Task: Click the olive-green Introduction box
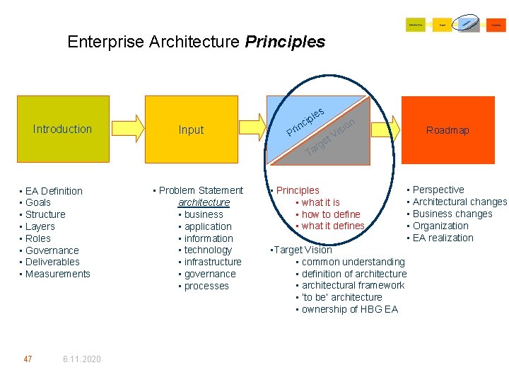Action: click(x=63, y=129)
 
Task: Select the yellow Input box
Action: click(x=191, y=129)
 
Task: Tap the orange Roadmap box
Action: click(x=447, y=130)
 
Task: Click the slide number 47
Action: click(x=28, y=359)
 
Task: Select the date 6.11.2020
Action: click(x=81, y=359)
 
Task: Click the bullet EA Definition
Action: click(x=54, y=191)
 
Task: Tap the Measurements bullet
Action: click(x=57, y=274)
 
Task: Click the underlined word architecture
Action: click(x=204, y=202)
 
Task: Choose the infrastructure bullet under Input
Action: click(x=213, y=262)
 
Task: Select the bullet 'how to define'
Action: click(x=331, y=214)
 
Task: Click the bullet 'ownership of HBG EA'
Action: click(x=349, y=309)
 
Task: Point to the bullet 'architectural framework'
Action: click(x=353, y=285)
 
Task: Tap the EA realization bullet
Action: click(x=443, y=238)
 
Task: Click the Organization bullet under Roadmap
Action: click(x=440, y=226)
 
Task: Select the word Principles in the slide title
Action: click(x=285, y=42)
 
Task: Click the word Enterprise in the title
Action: click(x=106, y=42)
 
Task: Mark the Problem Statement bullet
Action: click(x=201, y=190)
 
